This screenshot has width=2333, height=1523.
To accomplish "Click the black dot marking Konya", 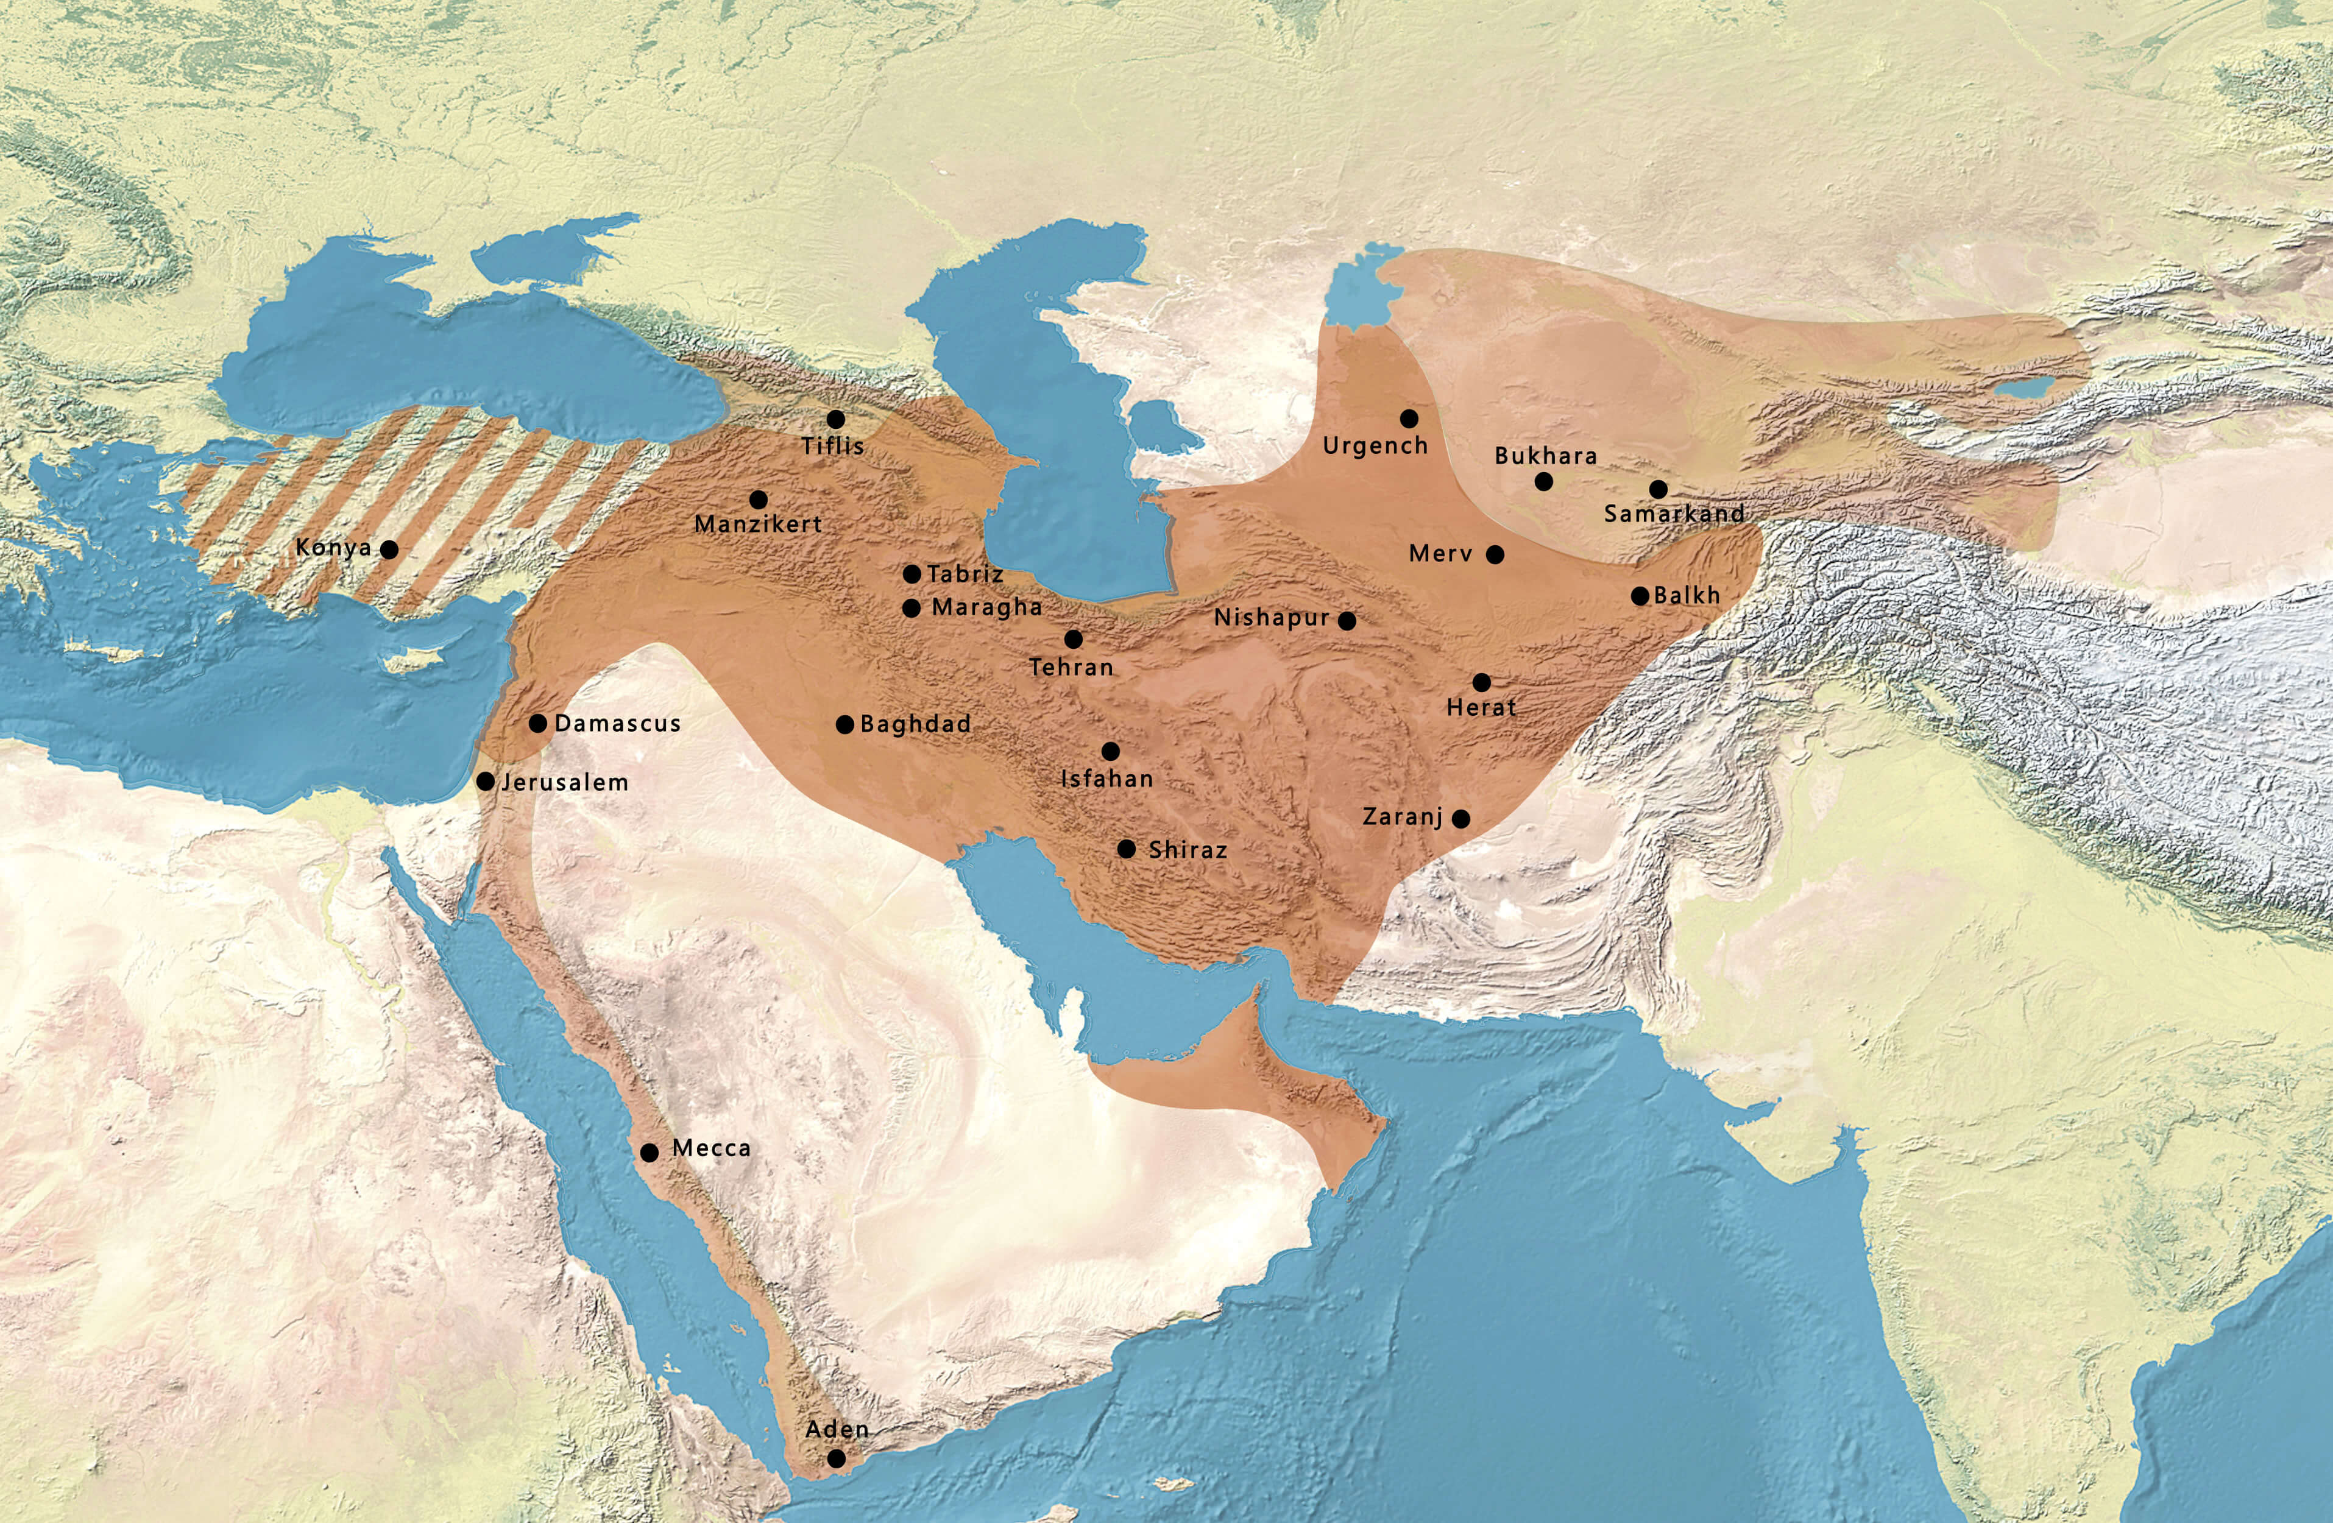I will pyautogui.click(x=389, y=550).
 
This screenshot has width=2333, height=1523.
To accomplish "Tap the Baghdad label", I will pyautogui.click(x=916, y=724).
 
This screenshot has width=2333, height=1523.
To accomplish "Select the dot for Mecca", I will pyautogui.click(x=649, y=1153).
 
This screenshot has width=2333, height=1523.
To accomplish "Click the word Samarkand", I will pyautogui.click(x=1674, y=512).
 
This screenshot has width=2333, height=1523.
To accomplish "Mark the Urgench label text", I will pyautogui.click(x=1375, y=446).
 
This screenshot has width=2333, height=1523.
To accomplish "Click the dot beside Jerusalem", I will pyautogui.click(x=485, y=782).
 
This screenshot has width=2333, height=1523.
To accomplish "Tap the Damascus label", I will pyautogui.click(x=618, y=723).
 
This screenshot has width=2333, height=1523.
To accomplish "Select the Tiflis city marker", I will pyautogui.click(x=835, y=420).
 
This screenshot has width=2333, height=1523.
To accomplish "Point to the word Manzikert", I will pyautogui.click(x=759, y=525).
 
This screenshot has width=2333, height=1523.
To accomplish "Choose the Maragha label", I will pyautogui.click(x=986, y=607).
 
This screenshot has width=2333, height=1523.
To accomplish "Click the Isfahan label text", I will pyautogui.click(x=1108, y=779).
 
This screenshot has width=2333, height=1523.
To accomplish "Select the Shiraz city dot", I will pyautogui.click(x=1127, y=849).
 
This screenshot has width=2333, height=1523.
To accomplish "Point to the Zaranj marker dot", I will pyautogui.click(x=1460, y=818).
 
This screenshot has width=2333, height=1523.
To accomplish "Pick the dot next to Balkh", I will pyautogui.click(x=1640, y=596).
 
